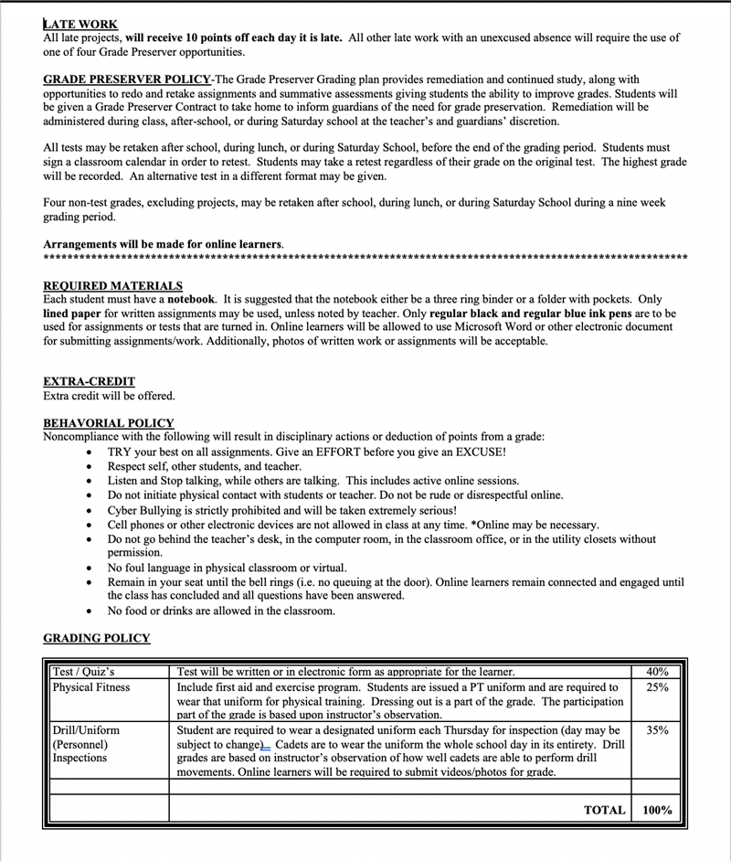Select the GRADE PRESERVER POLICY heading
click(127, 80)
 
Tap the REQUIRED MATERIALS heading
click(112, 286)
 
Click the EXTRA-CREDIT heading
click(89, 382)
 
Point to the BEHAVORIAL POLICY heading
click(108, 423)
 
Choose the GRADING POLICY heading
click(97, 638)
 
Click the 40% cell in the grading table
click(657, 673)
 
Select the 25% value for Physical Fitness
click(657, 687)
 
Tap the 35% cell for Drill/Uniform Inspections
click(657, 731)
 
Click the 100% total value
click(657, 810)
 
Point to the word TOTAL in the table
click(604, 810)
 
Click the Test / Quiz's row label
click(83, 673)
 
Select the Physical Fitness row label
click(91, 687)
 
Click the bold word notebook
click(190, 300)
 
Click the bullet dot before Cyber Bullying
click(88, 511)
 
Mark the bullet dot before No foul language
click(88, 568)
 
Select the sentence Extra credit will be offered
click(109, 396)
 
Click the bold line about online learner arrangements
click(163, 244)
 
